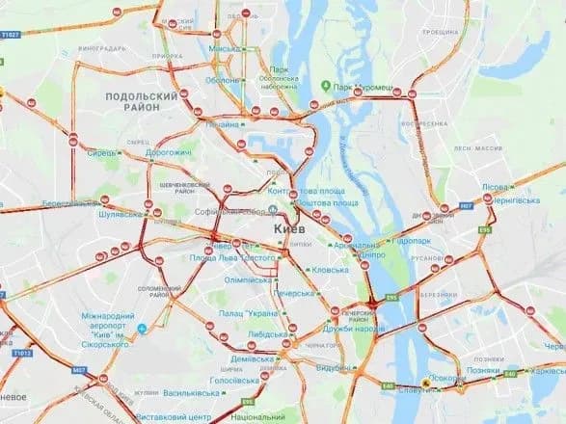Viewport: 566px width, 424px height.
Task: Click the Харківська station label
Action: point(546,370)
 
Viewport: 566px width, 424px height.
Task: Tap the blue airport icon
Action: point(141,328)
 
